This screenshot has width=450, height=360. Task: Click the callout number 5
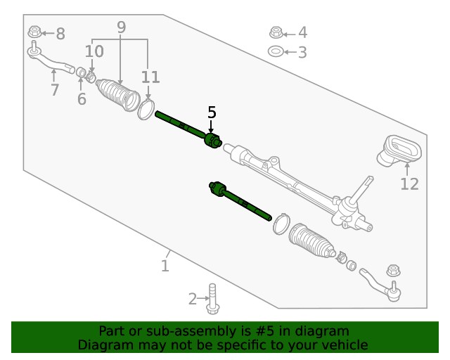point(212,112)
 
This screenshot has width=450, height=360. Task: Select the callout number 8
point(60,33)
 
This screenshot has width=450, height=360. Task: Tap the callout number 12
point(409,184)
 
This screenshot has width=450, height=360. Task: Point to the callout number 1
point(165,266)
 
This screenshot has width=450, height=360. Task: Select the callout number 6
point(82,99)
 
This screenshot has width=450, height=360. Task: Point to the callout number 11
point(150,77)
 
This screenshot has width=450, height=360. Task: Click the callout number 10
point(94,51)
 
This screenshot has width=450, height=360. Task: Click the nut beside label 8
point(34,32)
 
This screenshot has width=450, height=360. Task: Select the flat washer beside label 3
point(276,51)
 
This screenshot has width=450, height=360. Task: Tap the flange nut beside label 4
point(276,32)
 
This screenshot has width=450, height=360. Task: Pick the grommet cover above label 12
point(401,150)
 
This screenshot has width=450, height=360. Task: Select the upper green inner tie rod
point(184,126)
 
